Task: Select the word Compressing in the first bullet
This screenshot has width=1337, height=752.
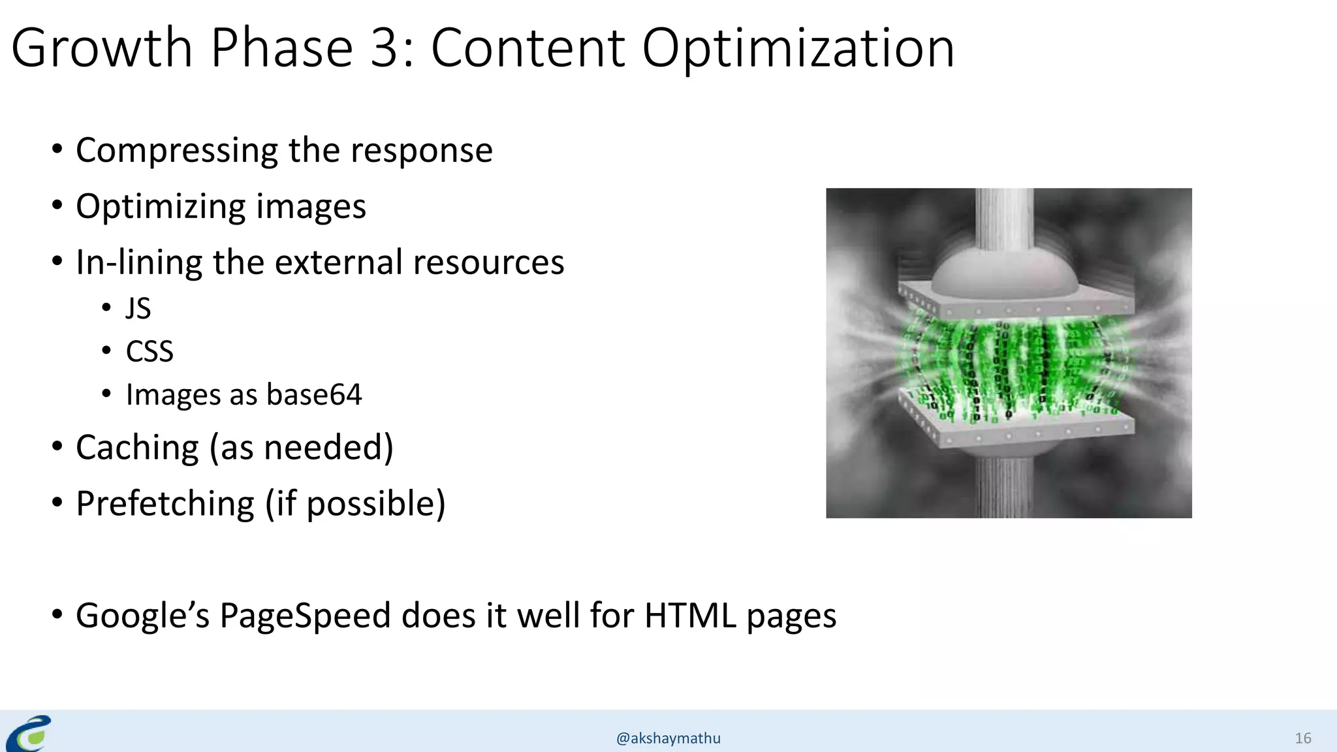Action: (x=177, y=151)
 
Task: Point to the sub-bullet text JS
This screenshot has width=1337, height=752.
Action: (x=138, y=308)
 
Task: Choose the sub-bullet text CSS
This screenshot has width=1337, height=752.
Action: (x=149, y=351)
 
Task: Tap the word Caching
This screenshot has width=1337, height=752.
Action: (x=137, y=448)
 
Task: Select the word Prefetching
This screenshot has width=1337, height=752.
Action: (x=165, y=504)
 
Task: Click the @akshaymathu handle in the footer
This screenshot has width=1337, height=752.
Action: (x=668, y=738)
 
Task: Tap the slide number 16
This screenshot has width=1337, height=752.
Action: (x=1302, y=738)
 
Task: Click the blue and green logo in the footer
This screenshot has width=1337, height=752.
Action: (x=29, y=733)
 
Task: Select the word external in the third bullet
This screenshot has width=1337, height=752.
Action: (x=338, y=262)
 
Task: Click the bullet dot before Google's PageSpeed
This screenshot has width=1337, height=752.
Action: (x=57, y=614)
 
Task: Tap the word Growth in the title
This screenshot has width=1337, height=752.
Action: (x=101, y=48)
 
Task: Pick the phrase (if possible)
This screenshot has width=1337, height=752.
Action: (x=355, y=504)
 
